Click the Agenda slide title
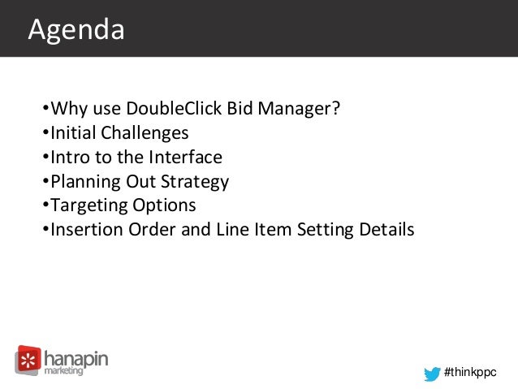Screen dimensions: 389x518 (76, 30)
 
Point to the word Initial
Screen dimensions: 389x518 (73, 132)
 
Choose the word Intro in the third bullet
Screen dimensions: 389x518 (71, 157)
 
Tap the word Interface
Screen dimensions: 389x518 (186, 157)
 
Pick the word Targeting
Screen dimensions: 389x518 (88, 205)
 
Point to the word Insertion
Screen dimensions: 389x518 (85, 230)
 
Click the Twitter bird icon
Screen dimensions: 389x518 (431, 372)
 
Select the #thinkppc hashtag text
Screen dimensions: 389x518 (469, 372)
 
